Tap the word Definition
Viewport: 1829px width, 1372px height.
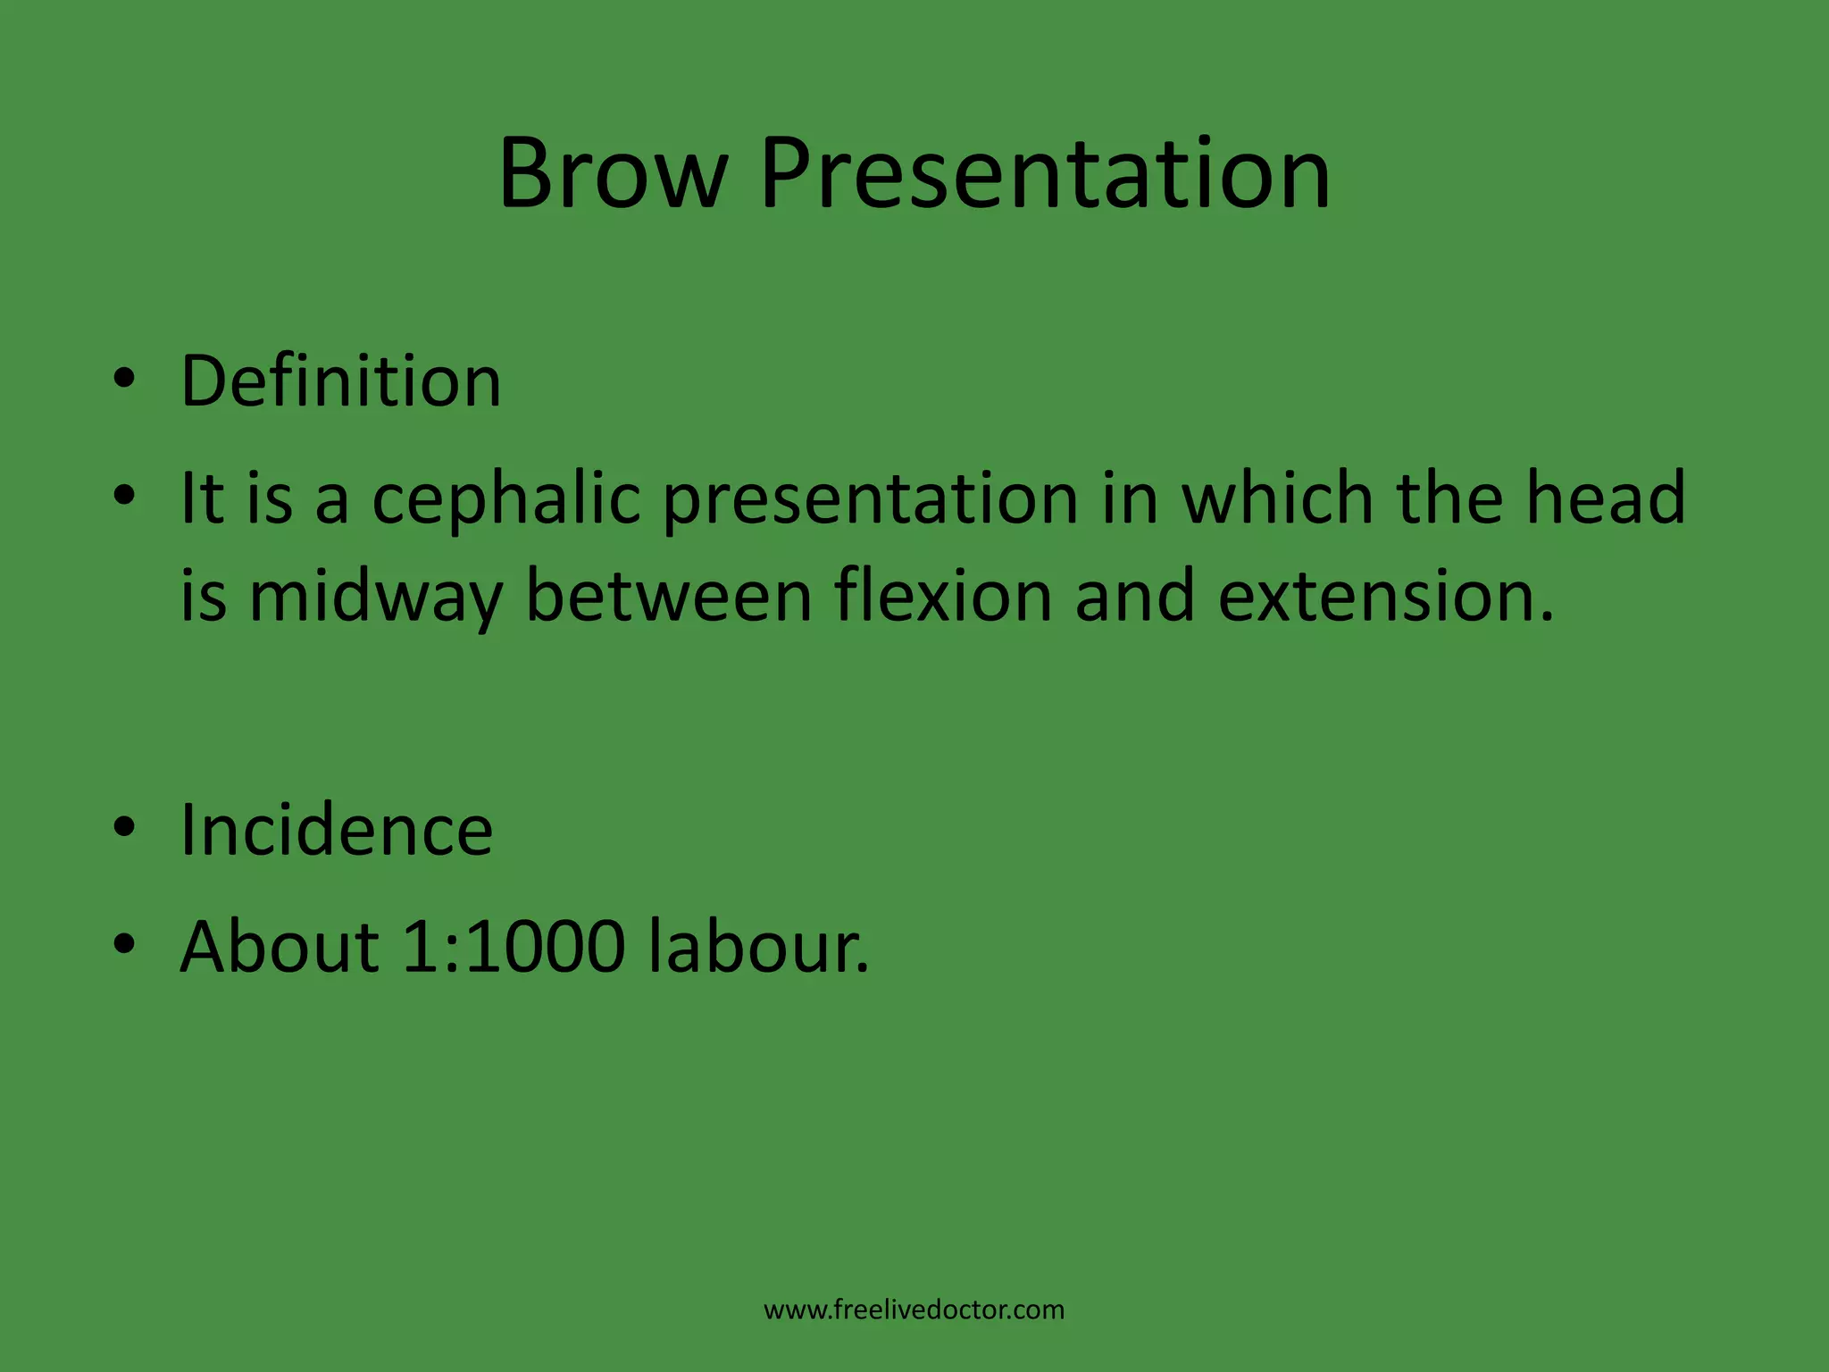340,381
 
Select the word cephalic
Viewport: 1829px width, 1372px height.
506,498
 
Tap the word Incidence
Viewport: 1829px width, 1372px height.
336,830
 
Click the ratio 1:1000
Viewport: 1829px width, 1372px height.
514,947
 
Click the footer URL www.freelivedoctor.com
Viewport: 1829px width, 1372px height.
914,1309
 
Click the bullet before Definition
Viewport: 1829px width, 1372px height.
124,379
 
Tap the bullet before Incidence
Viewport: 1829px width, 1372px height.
124,827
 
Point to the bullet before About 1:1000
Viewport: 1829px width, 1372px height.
124,943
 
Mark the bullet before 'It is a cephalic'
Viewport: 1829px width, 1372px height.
124,495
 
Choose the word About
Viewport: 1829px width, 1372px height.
280,947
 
